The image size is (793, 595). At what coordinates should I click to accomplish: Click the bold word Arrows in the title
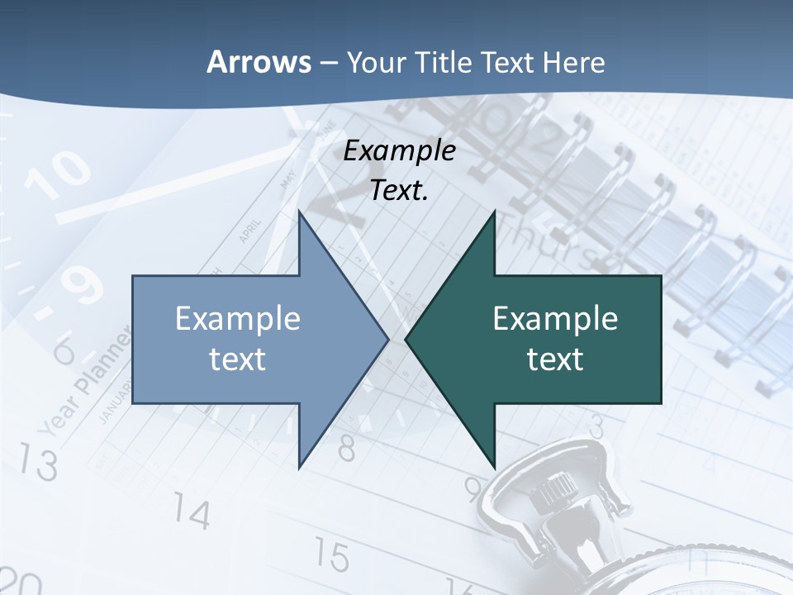coord(259,63)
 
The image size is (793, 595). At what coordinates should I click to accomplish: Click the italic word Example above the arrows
coord(400,151)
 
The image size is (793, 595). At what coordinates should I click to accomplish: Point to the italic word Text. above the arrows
coord(400,191)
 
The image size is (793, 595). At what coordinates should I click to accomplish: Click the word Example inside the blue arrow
coord(238,319)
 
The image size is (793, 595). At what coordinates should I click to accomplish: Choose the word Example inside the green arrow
coord(555,319)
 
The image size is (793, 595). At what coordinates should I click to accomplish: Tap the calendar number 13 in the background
coord(38,463)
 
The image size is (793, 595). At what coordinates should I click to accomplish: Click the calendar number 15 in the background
coord(330,555)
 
